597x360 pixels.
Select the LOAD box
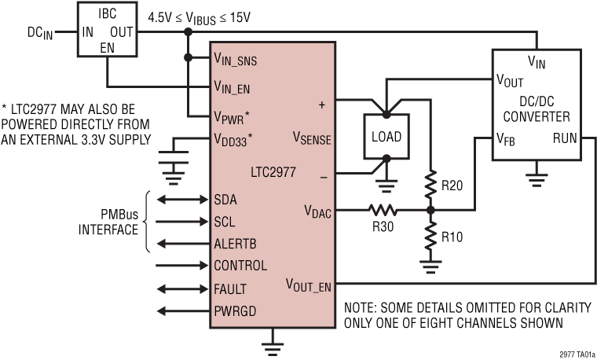click(386, 137)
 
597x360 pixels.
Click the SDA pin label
click(226, 200)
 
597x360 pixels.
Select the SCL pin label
click(225, 222)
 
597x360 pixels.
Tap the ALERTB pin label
click(235, 244)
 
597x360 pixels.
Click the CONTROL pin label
click(240, 266)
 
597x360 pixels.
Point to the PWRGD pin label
click(235, 311)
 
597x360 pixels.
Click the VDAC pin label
click(319, 210)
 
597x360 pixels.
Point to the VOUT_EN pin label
click(308, 285)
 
